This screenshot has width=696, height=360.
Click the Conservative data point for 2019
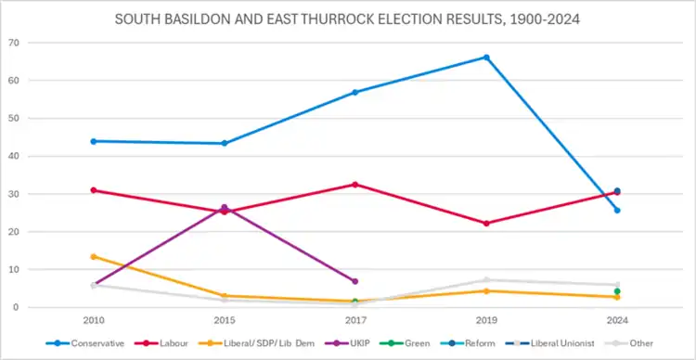click(x=486, y=58)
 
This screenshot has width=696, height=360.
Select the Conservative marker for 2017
click(x=355, y=93)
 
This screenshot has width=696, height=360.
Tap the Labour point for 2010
click(x=94, y=190)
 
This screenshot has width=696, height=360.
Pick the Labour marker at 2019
click(x=486, y=224)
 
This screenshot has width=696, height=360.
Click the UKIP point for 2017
click(x=355, y=281)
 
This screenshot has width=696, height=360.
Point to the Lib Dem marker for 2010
click(x=94, y=257)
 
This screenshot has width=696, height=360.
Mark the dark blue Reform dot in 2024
click(x=617, y=191)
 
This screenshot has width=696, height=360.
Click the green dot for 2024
click(x=617, y=291)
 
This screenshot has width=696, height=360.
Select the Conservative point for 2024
click(x=617, y=210)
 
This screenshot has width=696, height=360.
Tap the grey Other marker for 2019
click(x=486, y=279)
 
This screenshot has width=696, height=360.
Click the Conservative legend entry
click(x=84, y=343)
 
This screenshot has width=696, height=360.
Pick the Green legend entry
click(x=405, y=343)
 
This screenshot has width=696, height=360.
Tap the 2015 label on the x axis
click(x=225, y=320)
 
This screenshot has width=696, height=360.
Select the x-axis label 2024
click(x=617, y=320)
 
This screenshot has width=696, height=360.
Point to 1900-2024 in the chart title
click(x=543, y=20)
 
